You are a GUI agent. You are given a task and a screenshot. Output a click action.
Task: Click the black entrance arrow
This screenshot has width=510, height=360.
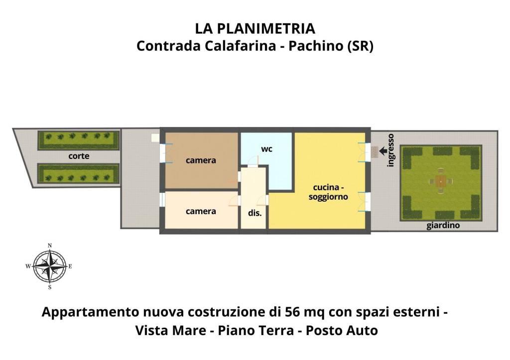383,151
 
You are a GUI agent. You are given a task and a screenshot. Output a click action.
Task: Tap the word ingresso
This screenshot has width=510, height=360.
391,150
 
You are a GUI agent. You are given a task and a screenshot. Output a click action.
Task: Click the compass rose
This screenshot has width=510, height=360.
50,266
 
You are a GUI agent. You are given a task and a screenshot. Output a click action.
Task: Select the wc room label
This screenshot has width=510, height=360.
267,149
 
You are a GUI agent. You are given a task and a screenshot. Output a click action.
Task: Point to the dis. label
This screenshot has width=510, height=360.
255,213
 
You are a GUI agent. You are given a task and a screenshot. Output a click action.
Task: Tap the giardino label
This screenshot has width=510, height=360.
443,226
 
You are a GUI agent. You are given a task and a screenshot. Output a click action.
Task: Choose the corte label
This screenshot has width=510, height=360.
79,156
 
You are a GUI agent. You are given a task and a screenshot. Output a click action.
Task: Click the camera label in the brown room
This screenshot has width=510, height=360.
201,160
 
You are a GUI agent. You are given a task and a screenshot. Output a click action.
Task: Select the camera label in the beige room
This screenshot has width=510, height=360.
201,211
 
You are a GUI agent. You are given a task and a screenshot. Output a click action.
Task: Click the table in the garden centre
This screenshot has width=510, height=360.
441,182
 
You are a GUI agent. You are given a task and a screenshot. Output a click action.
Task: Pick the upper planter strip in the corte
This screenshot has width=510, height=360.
79,136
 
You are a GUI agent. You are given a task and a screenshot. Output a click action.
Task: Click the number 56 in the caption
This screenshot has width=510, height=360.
292,312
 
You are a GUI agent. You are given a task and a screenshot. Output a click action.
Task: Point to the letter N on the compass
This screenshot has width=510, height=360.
50,245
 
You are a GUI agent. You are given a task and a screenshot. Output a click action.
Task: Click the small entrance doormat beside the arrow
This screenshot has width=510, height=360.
374,152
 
